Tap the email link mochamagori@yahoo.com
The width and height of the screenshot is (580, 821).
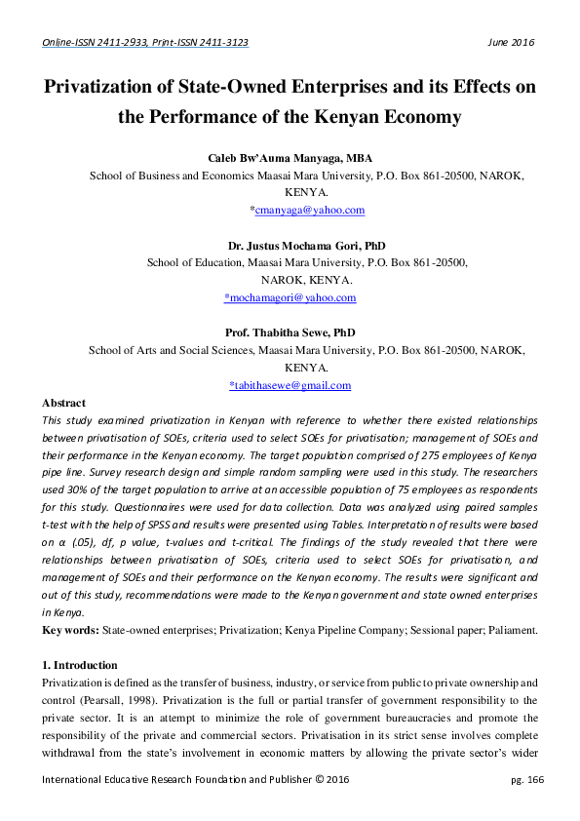click(290, 297)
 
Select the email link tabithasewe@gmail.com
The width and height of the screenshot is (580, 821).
click(290, 385)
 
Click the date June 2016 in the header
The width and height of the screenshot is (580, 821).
click(510, 43)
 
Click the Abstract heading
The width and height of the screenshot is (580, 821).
click(63, 403)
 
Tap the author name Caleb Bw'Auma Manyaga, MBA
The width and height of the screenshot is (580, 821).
click(290, 158)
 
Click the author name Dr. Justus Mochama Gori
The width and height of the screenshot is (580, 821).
click(277, 246)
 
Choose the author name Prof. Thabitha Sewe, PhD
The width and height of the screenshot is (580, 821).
click(290, 332)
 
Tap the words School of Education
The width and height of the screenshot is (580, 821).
click(197, 262)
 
